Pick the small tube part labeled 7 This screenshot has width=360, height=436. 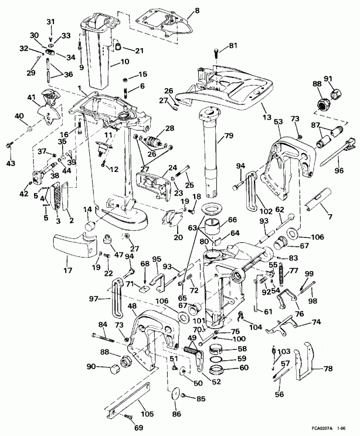coord(321,204)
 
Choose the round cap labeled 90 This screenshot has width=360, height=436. coord(112,369)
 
